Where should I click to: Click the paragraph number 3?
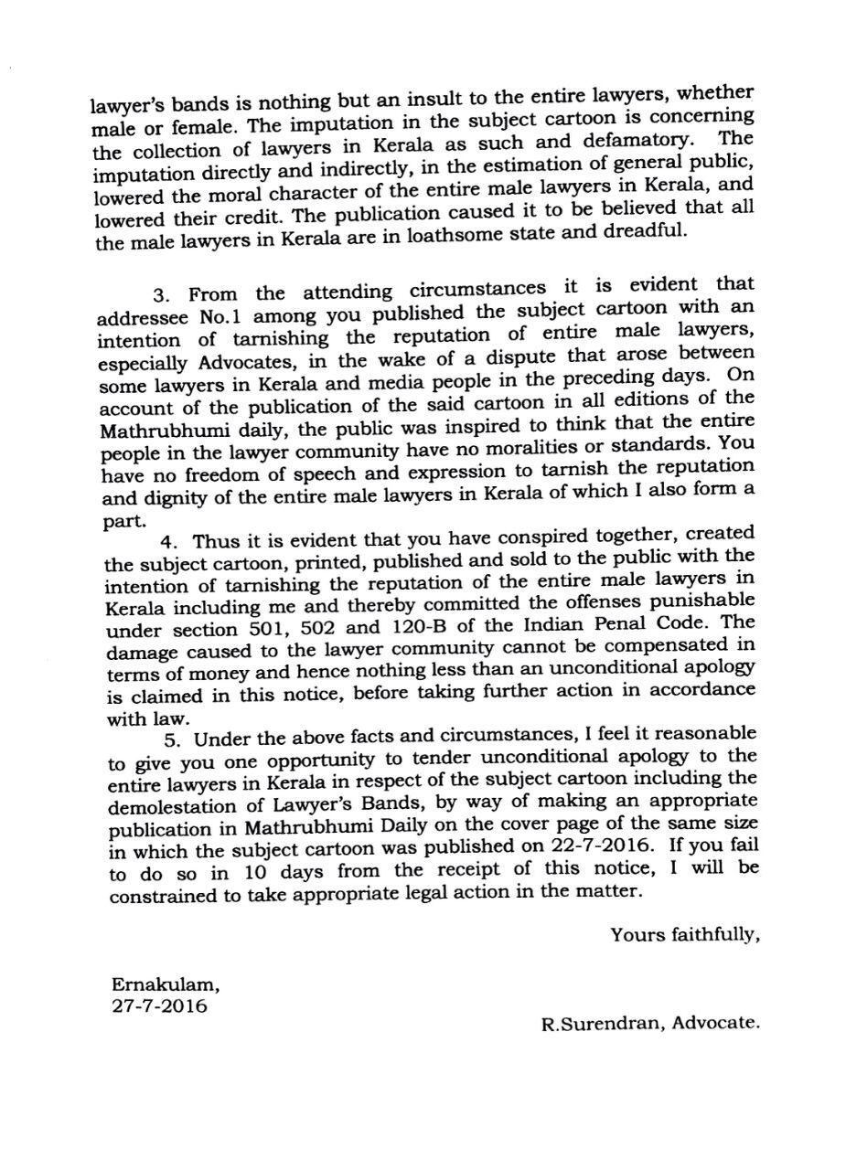tap(162, 295)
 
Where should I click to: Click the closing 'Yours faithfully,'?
tap(685, 934)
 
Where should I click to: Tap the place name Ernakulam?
tap(166, 985)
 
